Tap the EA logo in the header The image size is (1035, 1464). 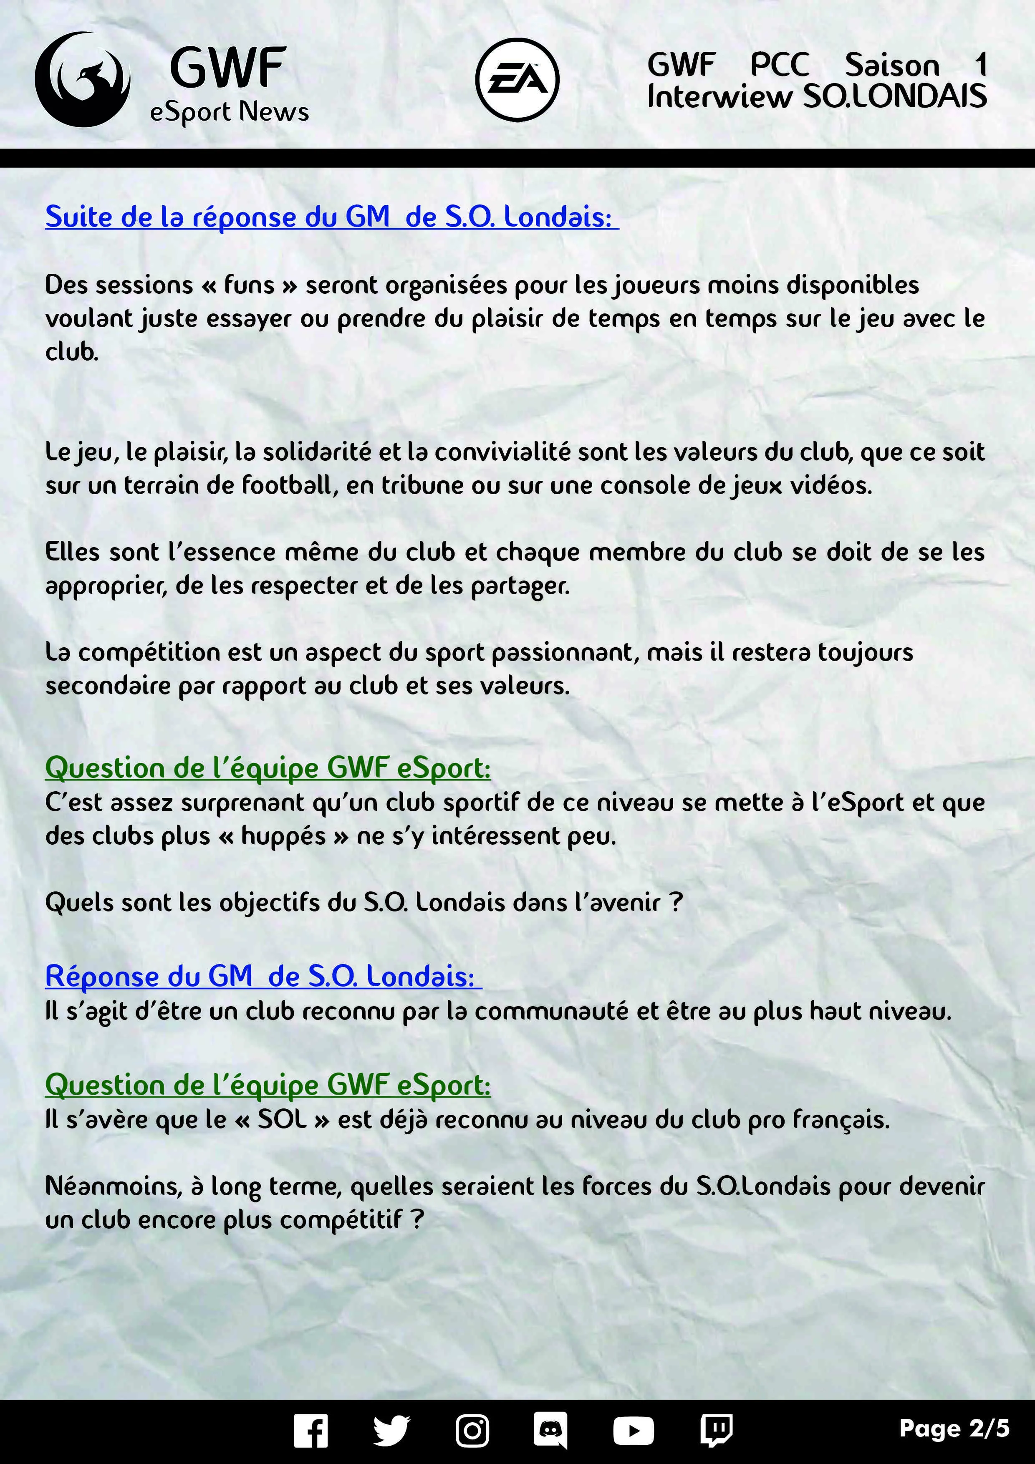pyautogui.click(x=517, y=80)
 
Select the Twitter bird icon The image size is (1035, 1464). pyautogui.click(x=391, y=1430)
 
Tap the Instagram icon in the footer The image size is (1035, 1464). pyautogui.click(x=472, y=1430)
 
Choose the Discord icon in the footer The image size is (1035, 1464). pyautogui.click(x=550, y=1430)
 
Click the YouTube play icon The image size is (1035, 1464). pyautogui.click(x=633, y=1430)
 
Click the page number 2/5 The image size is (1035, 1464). pyautogui.click(x=954, y=1428)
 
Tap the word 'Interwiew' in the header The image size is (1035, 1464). pyautogui.click(x=719, y=97)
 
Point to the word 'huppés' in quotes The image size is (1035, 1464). pyautogui.click(x=283, y=836)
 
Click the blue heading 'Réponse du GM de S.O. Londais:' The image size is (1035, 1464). pyautogui.click(x=263, y=976)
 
